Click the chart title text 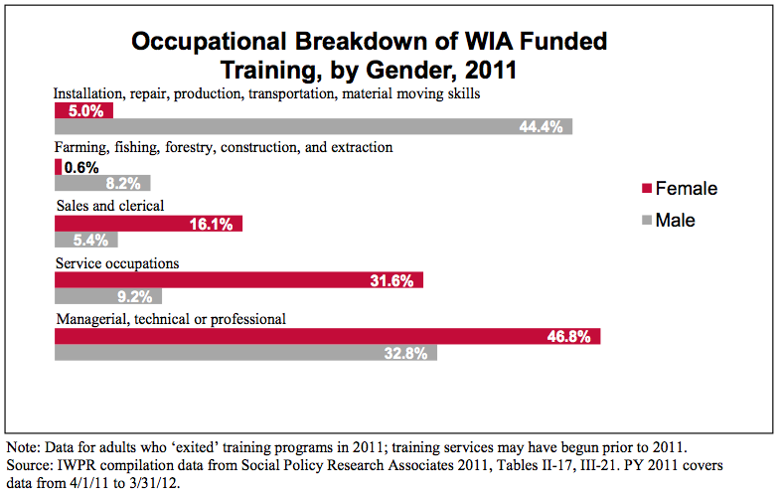click(369, 56)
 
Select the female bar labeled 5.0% click(83, 111)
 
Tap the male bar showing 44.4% click(313, 126)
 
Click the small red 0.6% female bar click(59, 167)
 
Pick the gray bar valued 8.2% click(102, 183)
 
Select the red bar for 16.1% click(148, 225)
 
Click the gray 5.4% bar click(86, 240)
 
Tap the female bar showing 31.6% click(238, 280)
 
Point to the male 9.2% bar click(107, 295)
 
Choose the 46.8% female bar click(328, 337)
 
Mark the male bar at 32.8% click(245, 353)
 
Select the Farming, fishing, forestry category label click(224, 148)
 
